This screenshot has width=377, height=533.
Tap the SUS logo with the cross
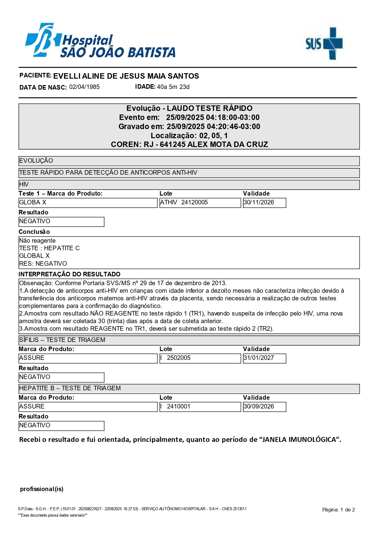[x=324, y=43]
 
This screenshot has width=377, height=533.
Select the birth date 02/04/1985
[x=84, y=87]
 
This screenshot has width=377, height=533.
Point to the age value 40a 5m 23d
[x=173, y=87]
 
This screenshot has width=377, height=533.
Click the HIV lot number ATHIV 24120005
[x=184, y=203]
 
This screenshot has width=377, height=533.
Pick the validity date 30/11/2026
[x=259, y=203]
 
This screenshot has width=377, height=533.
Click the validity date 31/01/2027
[x=259, y=358]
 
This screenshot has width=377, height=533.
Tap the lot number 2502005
[x=179, y=358]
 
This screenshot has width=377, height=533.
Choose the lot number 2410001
[x=179, y=407]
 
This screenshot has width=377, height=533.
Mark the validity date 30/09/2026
[x=259, y=407]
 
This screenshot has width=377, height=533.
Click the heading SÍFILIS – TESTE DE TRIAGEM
[x=62, y=340]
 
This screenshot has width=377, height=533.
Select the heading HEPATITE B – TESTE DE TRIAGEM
[x=70, y=388]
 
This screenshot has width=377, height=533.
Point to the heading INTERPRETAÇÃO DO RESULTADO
[x=70, y=274]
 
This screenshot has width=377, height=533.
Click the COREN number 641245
[x=173, y=145]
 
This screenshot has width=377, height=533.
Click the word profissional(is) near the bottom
[x=42, y=489]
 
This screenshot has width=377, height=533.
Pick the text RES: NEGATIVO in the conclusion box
[x=43, y=264]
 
